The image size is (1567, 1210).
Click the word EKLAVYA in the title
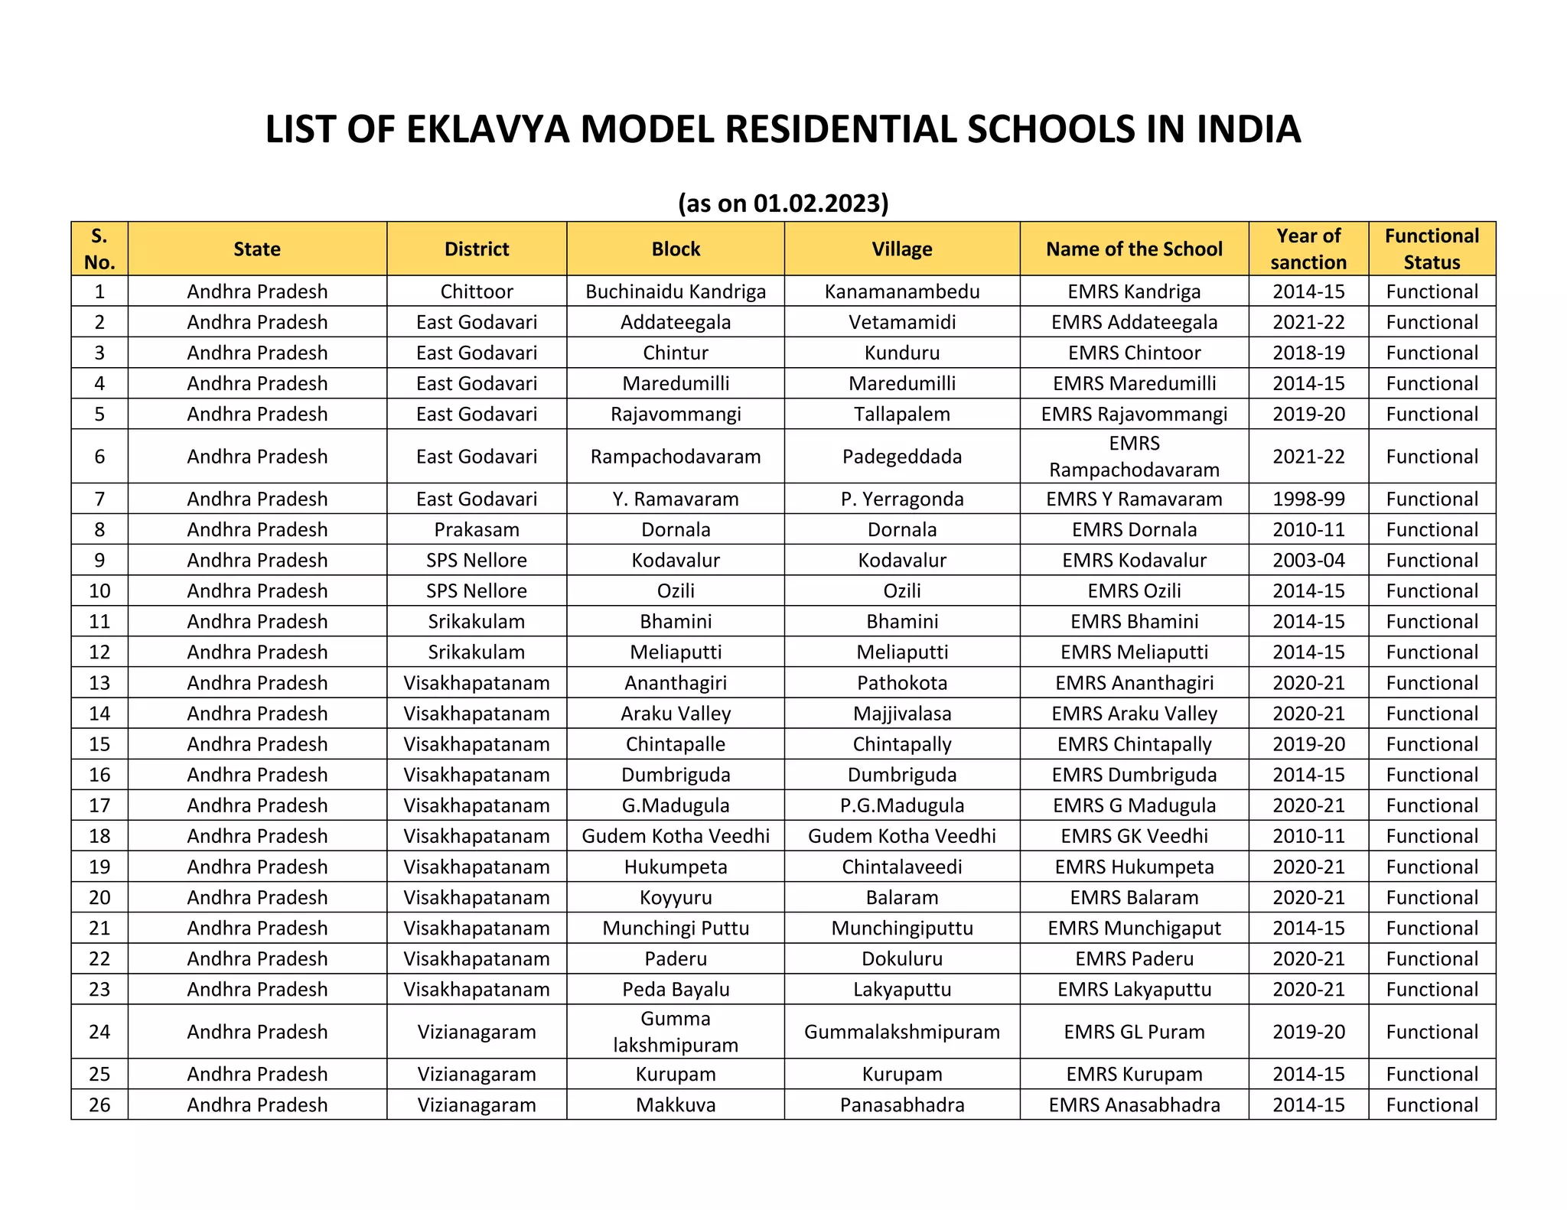click(x=488, y=129)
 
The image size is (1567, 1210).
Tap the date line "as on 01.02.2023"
click(x=783, y=203)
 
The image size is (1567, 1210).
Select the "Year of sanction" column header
click(x=1308, y=249)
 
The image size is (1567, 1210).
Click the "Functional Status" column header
click(x=1432, y=249)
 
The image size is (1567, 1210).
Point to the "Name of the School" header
click(x=1134, y=249)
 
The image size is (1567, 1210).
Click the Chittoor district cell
click(x=477, y=291)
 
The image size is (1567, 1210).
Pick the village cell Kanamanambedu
click(x=902, y=291)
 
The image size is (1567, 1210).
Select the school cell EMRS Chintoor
click(x=1134, y=353)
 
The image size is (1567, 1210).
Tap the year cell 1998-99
click(x=1308, y=499)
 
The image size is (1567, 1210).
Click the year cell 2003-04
click(x=1308, y=561)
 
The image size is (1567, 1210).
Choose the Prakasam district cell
click(x=477, y=530)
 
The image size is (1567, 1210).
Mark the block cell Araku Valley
click(x=676, y=714)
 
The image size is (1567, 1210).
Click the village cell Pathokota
click(x=902, y=683)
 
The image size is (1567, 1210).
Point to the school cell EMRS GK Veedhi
click(x=1134, y=836)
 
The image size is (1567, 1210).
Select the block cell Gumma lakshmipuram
click(x=676, y=1032)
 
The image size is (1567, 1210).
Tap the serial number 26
click(x=99, y=1105)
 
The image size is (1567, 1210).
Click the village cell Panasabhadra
click(x=902, y=1105)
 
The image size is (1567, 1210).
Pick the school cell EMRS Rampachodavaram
click(x=1134, y=457)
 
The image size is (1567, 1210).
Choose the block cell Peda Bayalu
click(x=676, y=990)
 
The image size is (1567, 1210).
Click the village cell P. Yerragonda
click(x=902, y=499)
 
